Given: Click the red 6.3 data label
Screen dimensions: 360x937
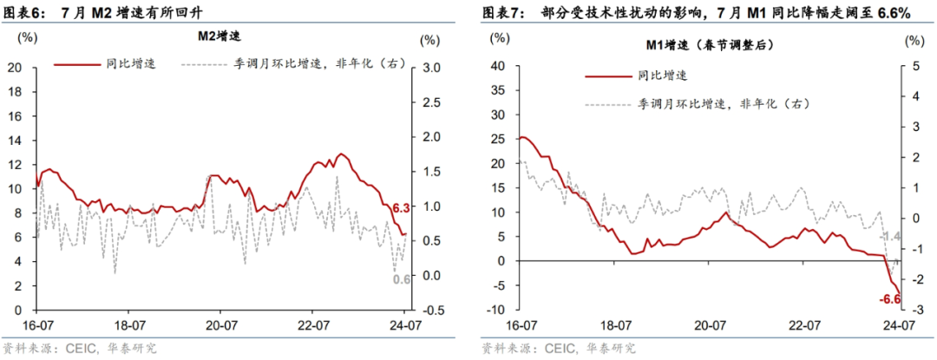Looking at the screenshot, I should click(400, 208).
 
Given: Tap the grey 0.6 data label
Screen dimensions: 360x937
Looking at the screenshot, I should click(402, 278).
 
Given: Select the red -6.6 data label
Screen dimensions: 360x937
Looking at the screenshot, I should click(890, 299).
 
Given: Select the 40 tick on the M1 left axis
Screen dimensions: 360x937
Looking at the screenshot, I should click(498, 66).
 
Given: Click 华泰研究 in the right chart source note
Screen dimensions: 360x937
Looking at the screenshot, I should click(611, 348).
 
